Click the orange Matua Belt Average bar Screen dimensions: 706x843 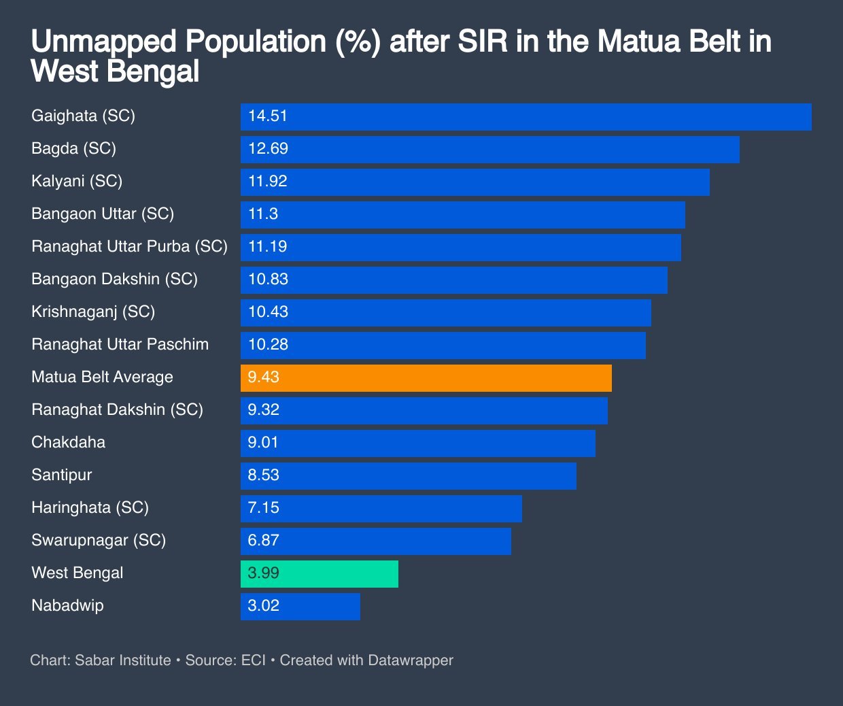(x=426, y=377)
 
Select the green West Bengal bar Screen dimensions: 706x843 (x=320, y=573)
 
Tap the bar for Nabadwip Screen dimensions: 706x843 (x=300, y=606)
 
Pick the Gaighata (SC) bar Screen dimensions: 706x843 (x=526, y=116)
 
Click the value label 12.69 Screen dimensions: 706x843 (x=268, y=149)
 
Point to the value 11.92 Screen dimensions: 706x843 (x=268, y=182)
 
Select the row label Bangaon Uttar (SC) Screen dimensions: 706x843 (x=103, y=214)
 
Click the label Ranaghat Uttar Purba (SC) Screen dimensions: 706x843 (x=129, y=247)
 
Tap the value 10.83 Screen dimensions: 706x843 (x=268, y=280)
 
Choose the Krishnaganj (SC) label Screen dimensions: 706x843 (x=93, y=312)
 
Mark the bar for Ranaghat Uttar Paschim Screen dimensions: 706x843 (x=443, y=345)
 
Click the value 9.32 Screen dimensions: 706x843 (x=264, y=410)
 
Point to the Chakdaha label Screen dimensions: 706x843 (x=68, y=443)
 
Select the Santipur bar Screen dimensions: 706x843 (x=409, y=475)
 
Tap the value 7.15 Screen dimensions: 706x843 (x=264, y=508)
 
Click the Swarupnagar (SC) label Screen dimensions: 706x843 (x=99, y=541)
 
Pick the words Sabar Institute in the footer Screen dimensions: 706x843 (x=123, y=660)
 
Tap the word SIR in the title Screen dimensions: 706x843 (x=482, y=42)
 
